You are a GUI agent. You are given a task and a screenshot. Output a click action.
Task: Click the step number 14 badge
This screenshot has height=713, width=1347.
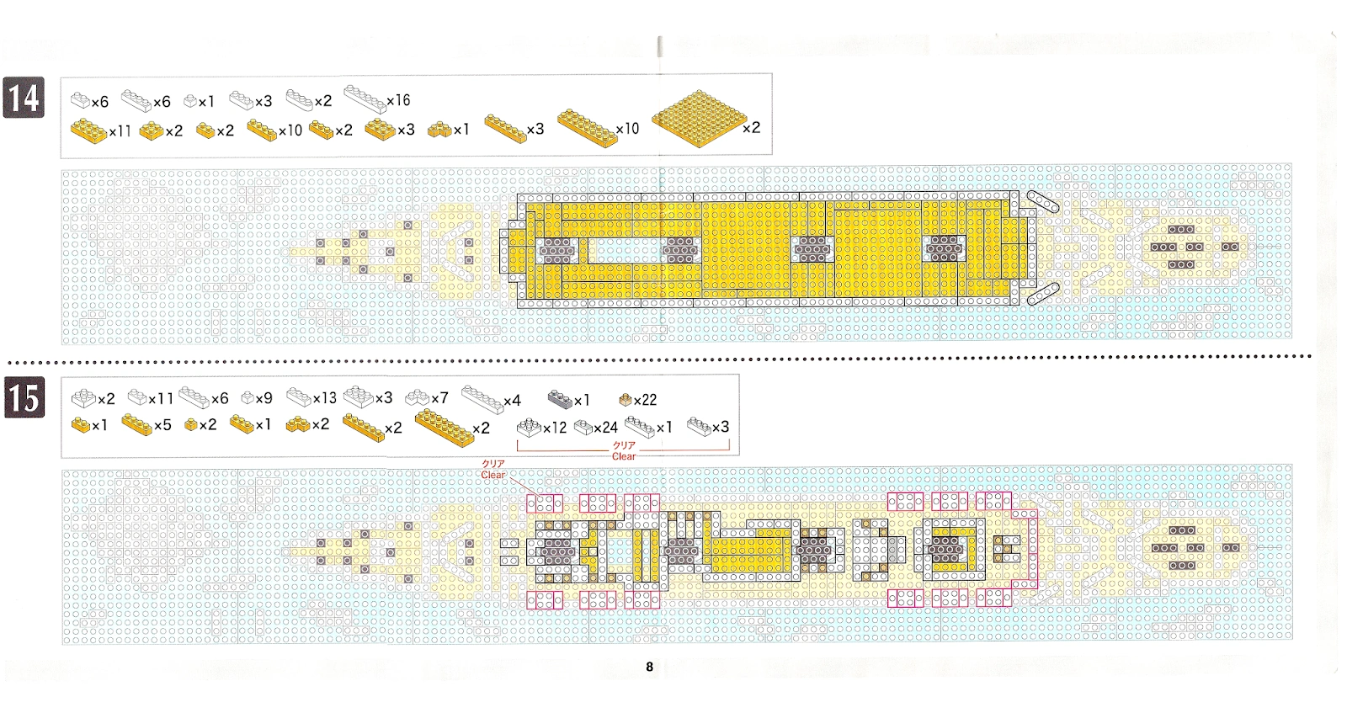24,98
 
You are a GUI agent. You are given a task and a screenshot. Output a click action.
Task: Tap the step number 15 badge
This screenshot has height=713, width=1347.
24,397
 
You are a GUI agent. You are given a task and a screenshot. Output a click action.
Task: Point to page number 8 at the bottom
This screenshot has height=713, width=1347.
649,667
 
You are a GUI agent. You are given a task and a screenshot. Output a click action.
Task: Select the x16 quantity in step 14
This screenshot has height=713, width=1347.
398,100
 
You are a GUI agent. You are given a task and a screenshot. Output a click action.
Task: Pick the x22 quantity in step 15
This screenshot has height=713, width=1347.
645,400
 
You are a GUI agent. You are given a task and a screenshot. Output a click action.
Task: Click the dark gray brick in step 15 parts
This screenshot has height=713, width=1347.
560,398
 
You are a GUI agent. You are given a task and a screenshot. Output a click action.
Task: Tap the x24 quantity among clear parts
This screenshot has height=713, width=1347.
605,428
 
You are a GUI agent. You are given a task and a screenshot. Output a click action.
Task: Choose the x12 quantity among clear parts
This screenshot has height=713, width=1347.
555,428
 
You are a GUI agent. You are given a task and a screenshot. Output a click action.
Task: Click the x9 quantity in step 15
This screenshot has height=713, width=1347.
264,398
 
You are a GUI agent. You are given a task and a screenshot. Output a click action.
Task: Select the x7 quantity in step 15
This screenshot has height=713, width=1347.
439,398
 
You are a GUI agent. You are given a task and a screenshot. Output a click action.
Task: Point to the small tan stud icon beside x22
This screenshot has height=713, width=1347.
625,400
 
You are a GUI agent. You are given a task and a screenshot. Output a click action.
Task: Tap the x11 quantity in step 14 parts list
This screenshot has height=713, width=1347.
120,130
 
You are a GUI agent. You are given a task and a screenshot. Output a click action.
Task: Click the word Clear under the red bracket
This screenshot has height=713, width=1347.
624,456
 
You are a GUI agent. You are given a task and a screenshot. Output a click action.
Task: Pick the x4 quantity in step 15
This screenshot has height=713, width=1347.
512,400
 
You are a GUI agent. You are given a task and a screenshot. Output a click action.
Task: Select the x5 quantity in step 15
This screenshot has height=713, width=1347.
162,425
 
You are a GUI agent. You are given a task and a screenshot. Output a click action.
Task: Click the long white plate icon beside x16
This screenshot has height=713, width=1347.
364,98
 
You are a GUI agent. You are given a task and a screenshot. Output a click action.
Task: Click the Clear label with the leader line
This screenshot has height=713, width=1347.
493,475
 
